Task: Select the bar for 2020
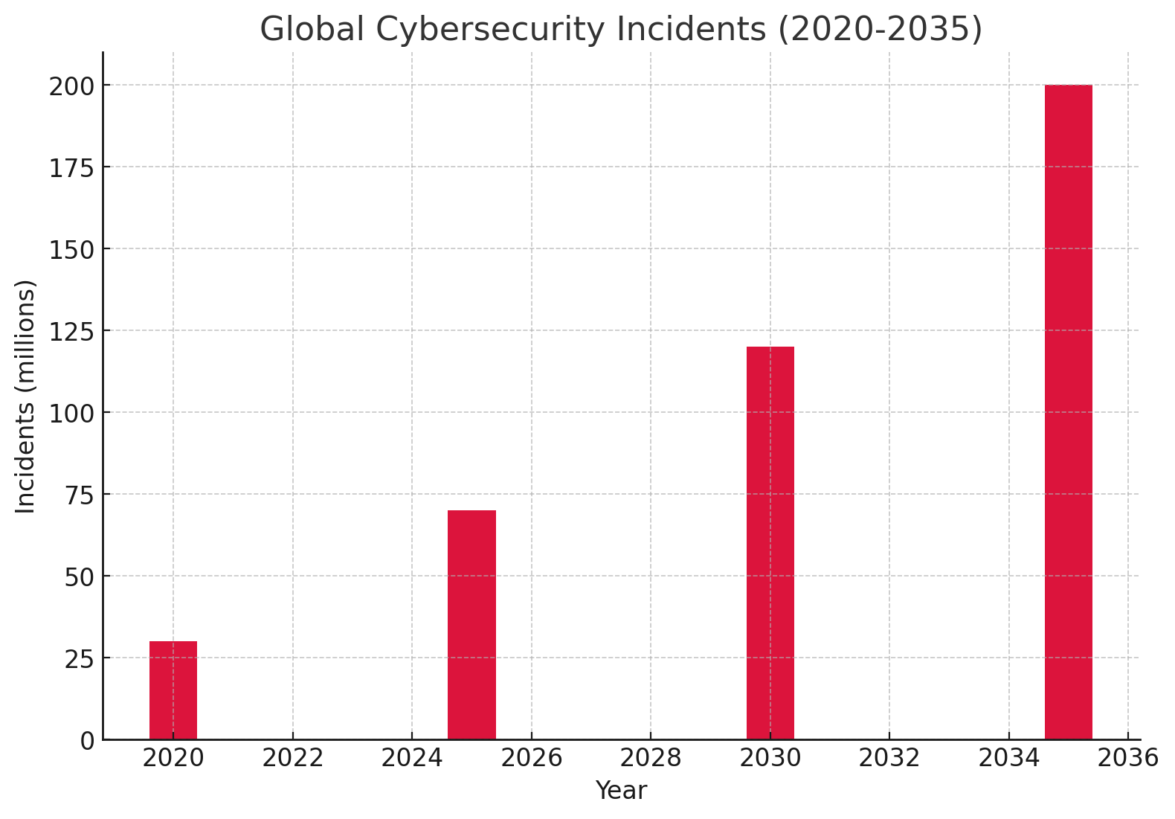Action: coord(173,690)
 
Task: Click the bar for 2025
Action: coord(471,624)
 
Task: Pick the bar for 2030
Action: coord(770,542)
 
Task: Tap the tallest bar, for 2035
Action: coord(1069,411)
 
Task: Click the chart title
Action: coord(621,30)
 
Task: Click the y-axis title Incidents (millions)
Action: coord(26,396)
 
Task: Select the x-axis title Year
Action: coord(621,791)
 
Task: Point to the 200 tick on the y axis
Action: coord(72,86)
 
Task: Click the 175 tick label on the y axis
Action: coord(72,168)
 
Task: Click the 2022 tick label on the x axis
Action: coord(293,759)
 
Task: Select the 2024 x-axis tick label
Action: coord(412,759)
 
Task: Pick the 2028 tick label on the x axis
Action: coord(651,759)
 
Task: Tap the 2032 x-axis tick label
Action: coord(889,759)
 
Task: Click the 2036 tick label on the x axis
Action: coord(1128,759)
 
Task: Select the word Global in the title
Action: coord(312,30)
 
